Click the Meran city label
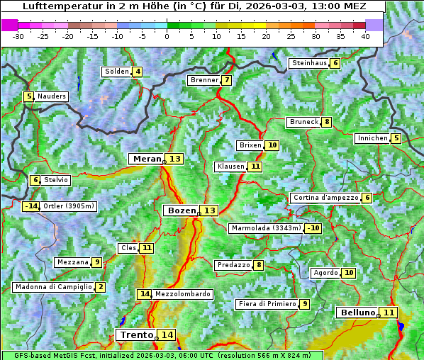pos(146,159)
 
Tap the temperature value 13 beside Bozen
pos(210,210)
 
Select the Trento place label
pos(137,334)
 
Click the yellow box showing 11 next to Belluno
pos(389,313)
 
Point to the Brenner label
pos(204,80)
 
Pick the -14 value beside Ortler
pos(30,206)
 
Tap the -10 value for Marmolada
pos(313,228)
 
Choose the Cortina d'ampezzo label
pos(325,198)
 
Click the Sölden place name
pos(117,72)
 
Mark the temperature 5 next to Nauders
pos(29,96)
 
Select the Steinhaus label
pos(309,63)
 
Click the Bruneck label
pos(303,122)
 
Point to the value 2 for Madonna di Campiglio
pos(101,287)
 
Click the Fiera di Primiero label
pos(267,304)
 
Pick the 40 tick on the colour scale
pos(365,36)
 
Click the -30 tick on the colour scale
pos(18,36)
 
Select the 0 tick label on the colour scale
pos(167,36)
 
